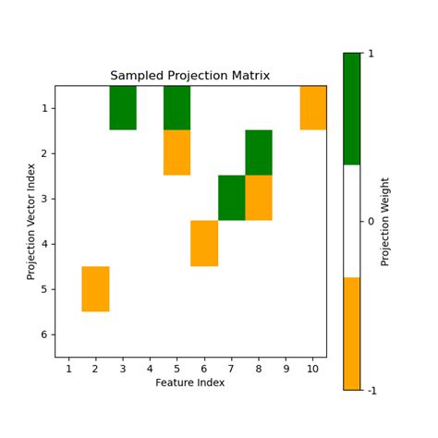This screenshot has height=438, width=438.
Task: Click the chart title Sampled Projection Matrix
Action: (190, 76)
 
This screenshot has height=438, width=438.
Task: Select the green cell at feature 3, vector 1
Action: (123, 107)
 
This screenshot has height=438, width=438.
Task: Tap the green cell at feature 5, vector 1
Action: (177, 107)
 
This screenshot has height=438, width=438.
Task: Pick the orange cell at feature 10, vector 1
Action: (313, 107)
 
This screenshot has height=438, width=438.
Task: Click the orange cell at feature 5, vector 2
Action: (177, 152)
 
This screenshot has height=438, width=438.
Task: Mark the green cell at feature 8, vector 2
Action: (259, 152)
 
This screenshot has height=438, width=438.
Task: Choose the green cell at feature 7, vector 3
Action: (232, 198)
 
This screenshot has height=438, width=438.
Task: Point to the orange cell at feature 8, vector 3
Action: (259, 198)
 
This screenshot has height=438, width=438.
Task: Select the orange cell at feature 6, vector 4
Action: (204, 243)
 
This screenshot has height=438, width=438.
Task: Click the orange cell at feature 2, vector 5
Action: (96, 288)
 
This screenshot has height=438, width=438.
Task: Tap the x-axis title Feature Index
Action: (190, 382)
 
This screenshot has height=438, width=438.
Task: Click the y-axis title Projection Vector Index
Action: (31, 221)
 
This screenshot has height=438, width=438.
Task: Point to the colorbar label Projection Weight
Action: (385, 221)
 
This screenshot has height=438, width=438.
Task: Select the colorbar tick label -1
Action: (372, 390)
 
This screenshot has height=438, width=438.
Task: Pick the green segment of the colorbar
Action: (351, 109)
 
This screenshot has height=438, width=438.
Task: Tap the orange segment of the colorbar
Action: (351, 333)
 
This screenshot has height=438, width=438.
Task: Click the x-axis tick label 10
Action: (313, 369)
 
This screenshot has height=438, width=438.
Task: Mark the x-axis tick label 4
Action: (150, 369)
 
